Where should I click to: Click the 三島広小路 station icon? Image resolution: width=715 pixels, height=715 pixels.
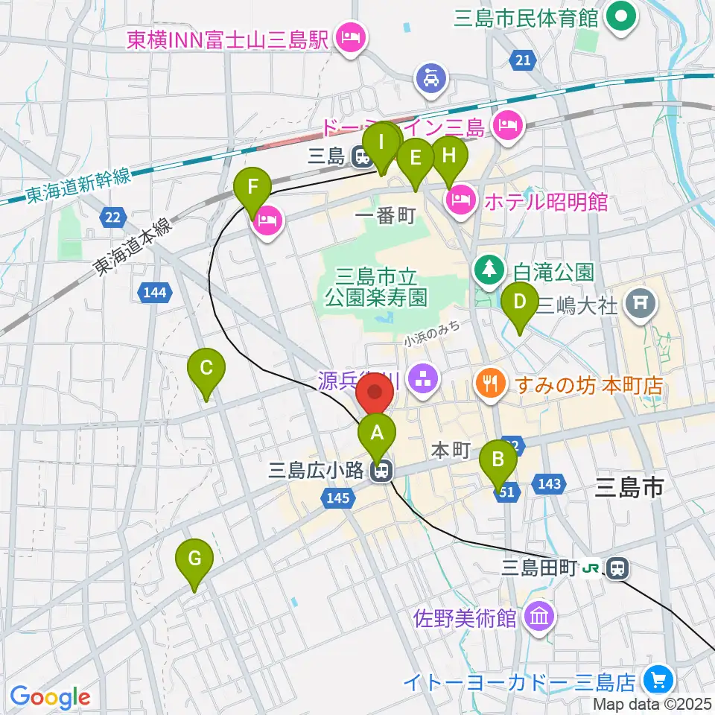[x=382, y=471]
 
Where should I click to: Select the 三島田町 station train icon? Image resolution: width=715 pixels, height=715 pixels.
[x=617, y=569]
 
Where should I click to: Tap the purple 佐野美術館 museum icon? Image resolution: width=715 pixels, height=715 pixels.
[x=538, y=617]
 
